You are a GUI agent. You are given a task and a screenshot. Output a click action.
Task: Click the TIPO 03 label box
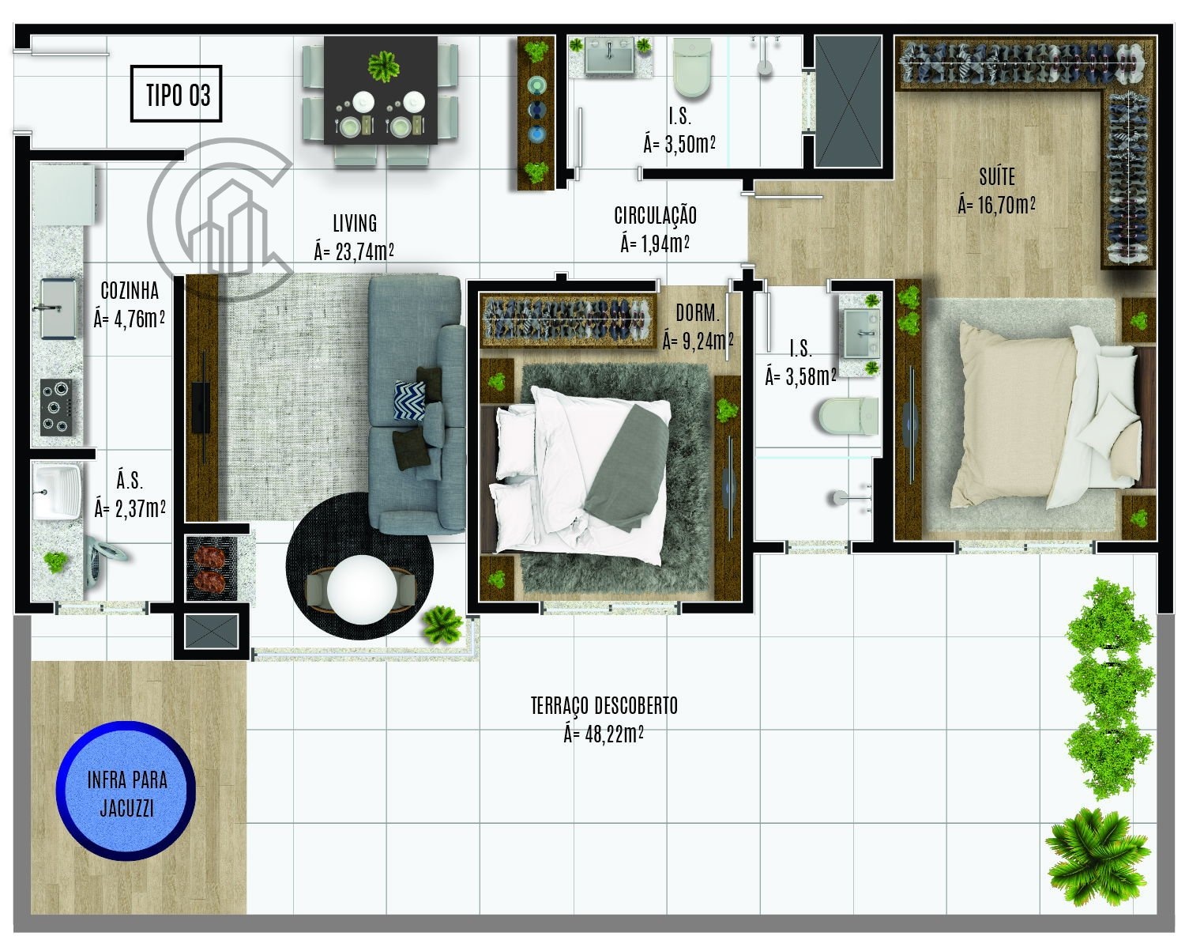(x=176, y=93)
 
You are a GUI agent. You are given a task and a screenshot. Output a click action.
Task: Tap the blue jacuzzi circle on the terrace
(x=126, y=791)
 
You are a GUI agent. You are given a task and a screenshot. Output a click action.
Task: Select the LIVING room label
(x=355, y=224)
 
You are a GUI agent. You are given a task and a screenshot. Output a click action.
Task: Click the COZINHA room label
(x=130, y=290)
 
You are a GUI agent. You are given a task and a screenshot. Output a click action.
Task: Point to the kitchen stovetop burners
(x=56, y=407)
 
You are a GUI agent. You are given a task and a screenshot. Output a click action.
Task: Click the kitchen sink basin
(x=58, y=308)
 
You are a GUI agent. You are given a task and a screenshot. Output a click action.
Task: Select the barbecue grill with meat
(x=211, y=568)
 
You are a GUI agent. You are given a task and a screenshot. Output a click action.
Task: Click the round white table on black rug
(x=361, y=590)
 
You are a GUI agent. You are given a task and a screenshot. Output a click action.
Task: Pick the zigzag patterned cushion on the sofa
(x=409, y=400)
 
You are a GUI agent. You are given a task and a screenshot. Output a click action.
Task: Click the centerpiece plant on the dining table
(x=383, y=66)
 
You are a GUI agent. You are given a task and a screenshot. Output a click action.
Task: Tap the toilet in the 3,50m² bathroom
(x=691, y=67)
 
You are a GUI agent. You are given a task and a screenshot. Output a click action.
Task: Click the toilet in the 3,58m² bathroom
(x=848, y=416)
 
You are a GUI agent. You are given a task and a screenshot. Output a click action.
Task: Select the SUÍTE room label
(x=997, y=177)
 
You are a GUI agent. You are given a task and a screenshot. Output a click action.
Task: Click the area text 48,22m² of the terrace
(x=604, y=734)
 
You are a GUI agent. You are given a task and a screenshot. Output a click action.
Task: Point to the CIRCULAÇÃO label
(x=655, y=215)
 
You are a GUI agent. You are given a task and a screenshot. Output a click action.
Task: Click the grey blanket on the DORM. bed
(x=626, y=468)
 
